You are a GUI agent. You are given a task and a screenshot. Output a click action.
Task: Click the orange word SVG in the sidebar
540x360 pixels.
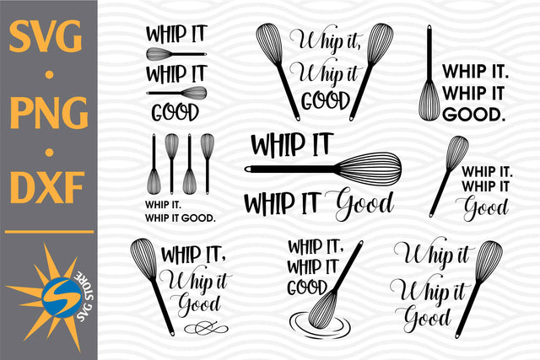coord(47,39)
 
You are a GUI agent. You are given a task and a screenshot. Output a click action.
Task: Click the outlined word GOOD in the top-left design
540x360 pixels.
coord(175,111)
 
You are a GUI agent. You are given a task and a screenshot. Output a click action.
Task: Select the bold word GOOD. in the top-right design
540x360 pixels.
coord(474,111)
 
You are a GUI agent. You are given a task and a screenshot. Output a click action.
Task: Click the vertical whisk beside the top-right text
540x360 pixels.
coord(429,84)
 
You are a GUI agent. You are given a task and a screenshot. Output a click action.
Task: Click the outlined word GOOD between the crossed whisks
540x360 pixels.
coord(326,100)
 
